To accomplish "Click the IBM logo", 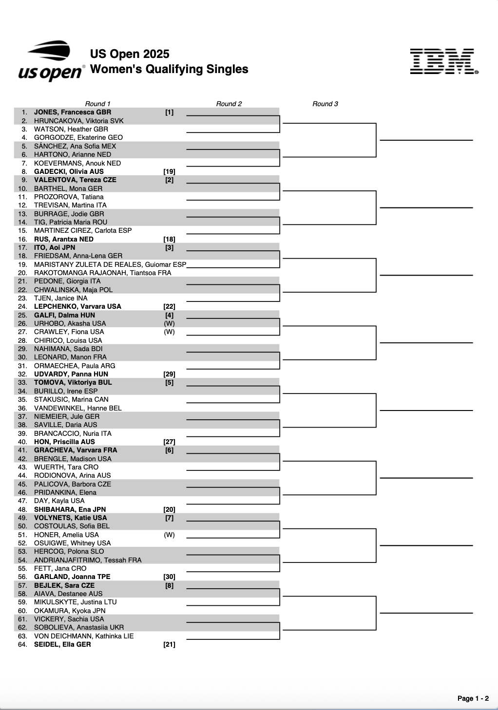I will coord(443,62).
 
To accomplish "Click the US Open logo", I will coord(51,61).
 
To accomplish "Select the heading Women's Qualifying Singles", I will coord(169,69).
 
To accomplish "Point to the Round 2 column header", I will coord(229,104).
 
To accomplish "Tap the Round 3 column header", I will coord(325,104).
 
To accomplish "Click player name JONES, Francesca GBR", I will coord(73,112).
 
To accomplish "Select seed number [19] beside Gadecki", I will coord(169,171).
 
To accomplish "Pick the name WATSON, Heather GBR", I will coord(71,129).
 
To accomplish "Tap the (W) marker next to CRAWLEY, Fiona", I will coord(169,332).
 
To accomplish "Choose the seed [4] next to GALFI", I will coord(169,315).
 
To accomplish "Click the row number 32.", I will coord(22,374).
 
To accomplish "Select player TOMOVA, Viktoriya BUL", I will coord(73,383).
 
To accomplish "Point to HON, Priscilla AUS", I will coord(64,442).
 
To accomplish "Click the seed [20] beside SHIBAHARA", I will coord(169,509).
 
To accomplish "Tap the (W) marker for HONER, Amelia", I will coord(169,535).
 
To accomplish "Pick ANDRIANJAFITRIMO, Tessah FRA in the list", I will coord(88,560).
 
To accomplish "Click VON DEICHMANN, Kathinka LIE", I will coord(84,636).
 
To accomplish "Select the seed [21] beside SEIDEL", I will coord(169,645).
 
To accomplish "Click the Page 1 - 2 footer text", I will coord(473,698).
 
